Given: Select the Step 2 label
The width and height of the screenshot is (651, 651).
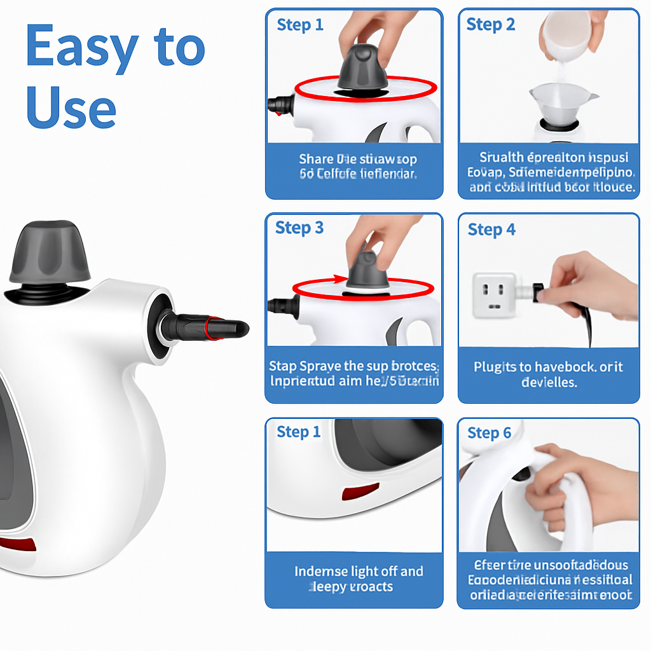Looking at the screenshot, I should tap(490, 25).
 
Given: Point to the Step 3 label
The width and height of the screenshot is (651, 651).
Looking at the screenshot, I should tap(299, 228).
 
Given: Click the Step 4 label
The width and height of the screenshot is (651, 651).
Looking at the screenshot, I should tap(491, 230).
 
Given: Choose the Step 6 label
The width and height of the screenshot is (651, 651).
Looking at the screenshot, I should tap(489, 433).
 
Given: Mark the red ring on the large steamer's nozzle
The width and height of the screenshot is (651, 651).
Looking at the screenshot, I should tap(214, 327).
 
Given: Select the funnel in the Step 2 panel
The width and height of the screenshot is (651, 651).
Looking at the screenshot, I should tap(563, 103).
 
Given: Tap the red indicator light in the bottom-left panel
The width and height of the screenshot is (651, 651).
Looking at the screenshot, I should tap(360, 492).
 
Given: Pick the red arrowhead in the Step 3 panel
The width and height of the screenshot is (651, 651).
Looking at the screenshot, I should tap(337, 279).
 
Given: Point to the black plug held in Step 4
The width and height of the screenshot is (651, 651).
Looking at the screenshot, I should tap(539, 292).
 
